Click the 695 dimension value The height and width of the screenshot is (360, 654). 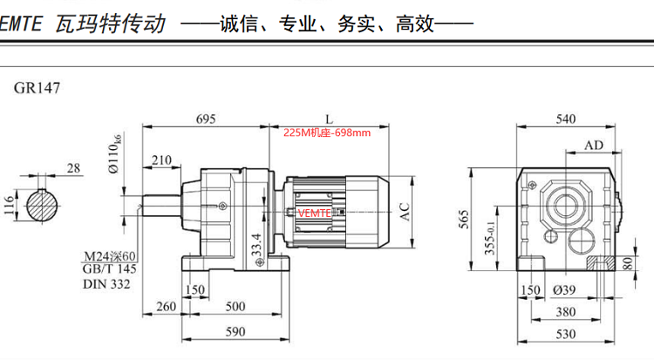point(205,117)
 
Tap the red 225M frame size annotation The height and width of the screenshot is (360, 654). point(327,132)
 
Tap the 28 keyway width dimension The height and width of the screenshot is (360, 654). point(73,167)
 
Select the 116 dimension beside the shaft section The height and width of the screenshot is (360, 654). point(10,206)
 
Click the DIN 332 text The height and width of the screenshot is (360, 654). point(106,284)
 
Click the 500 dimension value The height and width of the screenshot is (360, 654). point(235,306)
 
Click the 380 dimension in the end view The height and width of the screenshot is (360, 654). point(566,311)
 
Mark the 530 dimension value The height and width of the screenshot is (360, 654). point(566,334)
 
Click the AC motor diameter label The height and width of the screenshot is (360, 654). point(405,211)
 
